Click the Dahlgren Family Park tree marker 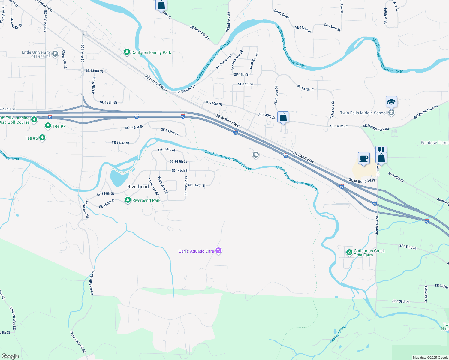(127, 52)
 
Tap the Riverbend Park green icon (128, 200)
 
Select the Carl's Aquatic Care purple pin (218, 251)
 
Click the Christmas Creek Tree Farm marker (349, 253)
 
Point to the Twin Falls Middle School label (363, 113)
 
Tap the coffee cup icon (364, 158)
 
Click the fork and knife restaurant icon (381, 150)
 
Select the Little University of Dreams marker (55, 54)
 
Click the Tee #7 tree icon (48, 126)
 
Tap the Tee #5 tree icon (42, 138)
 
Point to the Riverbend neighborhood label (138, 187)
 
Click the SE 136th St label (94, 71)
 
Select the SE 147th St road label (197, 185)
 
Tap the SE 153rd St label (408, 247)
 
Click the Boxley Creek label (338, 334)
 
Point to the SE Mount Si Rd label (199, 32)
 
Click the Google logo (10, 356)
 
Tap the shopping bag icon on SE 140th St (283, 117)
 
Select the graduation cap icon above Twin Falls (391, 102)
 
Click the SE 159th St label (401, 301)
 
